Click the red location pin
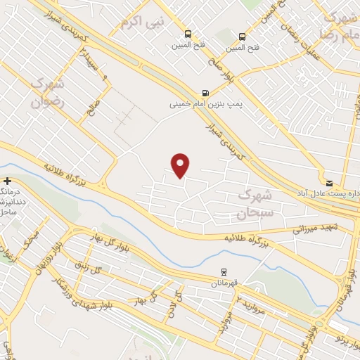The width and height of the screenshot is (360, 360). coord(181,165)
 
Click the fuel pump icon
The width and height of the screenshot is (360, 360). coord(205,92)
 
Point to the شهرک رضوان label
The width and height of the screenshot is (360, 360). coord(46,92)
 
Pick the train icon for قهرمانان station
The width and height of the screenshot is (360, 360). coord(224,271)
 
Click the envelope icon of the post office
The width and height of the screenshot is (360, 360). coord(330,181)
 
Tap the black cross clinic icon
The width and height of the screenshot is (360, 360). coord(7,181)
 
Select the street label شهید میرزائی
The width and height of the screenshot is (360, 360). coord(315,228)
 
